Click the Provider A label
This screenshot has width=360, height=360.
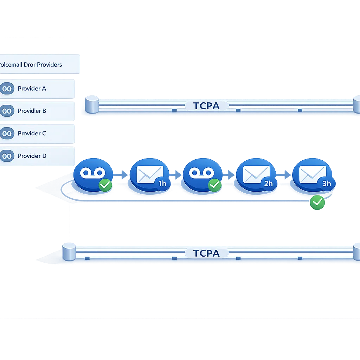32,89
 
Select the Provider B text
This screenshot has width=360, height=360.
32,111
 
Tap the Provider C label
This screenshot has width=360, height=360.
32,133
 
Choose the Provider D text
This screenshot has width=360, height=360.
32,156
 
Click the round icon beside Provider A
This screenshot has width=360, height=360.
7,89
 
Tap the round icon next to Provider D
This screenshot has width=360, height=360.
7,156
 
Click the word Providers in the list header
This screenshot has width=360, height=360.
50,65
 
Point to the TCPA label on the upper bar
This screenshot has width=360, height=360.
206,105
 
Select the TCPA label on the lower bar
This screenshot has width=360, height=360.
206,253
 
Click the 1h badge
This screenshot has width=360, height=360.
162,184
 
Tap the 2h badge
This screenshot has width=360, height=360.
268,184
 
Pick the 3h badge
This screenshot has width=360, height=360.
327,184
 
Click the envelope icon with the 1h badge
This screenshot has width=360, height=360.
148,174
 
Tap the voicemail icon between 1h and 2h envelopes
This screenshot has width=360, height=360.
201,173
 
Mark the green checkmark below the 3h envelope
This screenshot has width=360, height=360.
317,202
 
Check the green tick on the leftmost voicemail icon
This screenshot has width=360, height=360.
105,185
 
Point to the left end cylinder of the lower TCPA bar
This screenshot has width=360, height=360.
69,252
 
